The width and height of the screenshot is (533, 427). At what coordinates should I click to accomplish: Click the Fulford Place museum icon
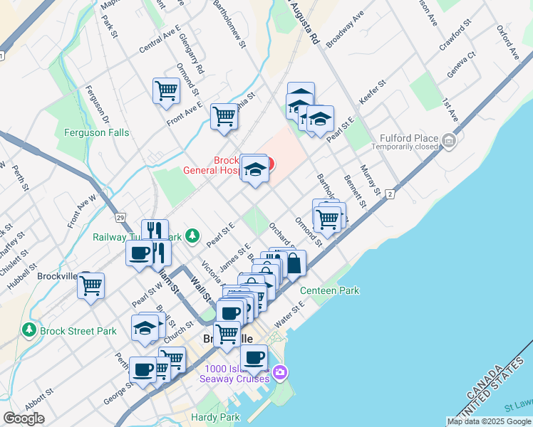click(x=448, y=141)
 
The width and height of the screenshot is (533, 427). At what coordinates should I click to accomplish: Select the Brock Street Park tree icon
click(x=29, y=330)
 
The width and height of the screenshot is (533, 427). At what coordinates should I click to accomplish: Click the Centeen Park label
click(x=329, y=290)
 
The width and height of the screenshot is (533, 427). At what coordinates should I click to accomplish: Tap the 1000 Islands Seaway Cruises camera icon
click(x=280, y=372)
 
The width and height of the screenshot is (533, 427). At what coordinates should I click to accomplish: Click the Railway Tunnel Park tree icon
click(x=192, y=235)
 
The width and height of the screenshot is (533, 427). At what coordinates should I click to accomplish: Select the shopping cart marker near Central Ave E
click(x=166, y=90)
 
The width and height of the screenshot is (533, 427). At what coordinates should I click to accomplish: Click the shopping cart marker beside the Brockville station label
click(x=90, y=286)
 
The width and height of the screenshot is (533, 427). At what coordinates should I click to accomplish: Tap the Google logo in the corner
click(x=24, y=418)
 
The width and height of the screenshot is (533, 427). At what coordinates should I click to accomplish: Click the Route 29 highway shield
click(x=121, y=216)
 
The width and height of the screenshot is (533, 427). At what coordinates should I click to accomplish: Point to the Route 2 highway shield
click(x=390, y=194)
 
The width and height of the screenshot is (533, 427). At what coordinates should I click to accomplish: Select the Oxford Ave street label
click(x=508, y=43)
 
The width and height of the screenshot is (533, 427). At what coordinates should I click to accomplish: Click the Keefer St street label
click(x=372, y=93)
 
